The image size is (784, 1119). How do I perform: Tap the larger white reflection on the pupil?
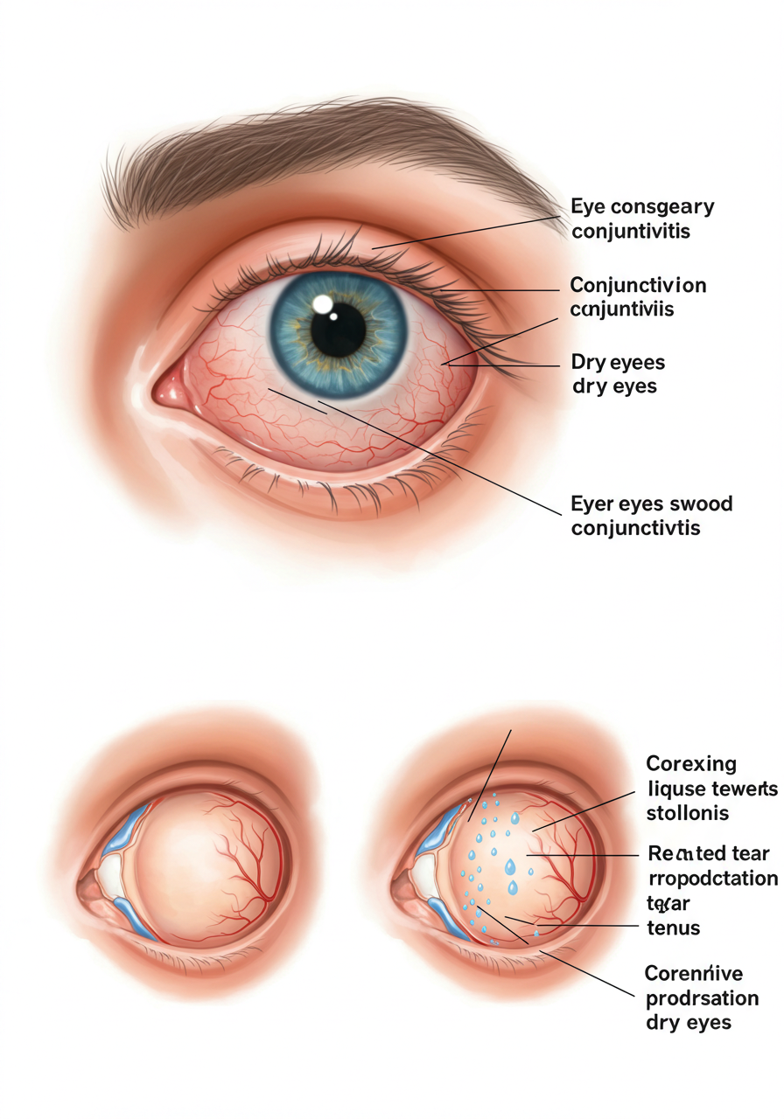point(323,304)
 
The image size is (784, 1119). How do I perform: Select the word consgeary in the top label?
point(660,207)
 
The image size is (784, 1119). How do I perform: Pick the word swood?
point(701,504)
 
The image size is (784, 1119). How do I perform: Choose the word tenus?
point(675,928)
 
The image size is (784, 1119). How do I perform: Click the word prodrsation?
point(701,997)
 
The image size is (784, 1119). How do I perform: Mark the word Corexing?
point(690,764)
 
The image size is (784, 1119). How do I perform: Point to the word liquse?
point(677,789)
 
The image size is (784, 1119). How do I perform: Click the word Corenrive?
point(693,972)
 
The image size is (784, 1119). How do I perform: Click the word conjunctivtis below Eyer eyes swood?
point(635,529)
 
